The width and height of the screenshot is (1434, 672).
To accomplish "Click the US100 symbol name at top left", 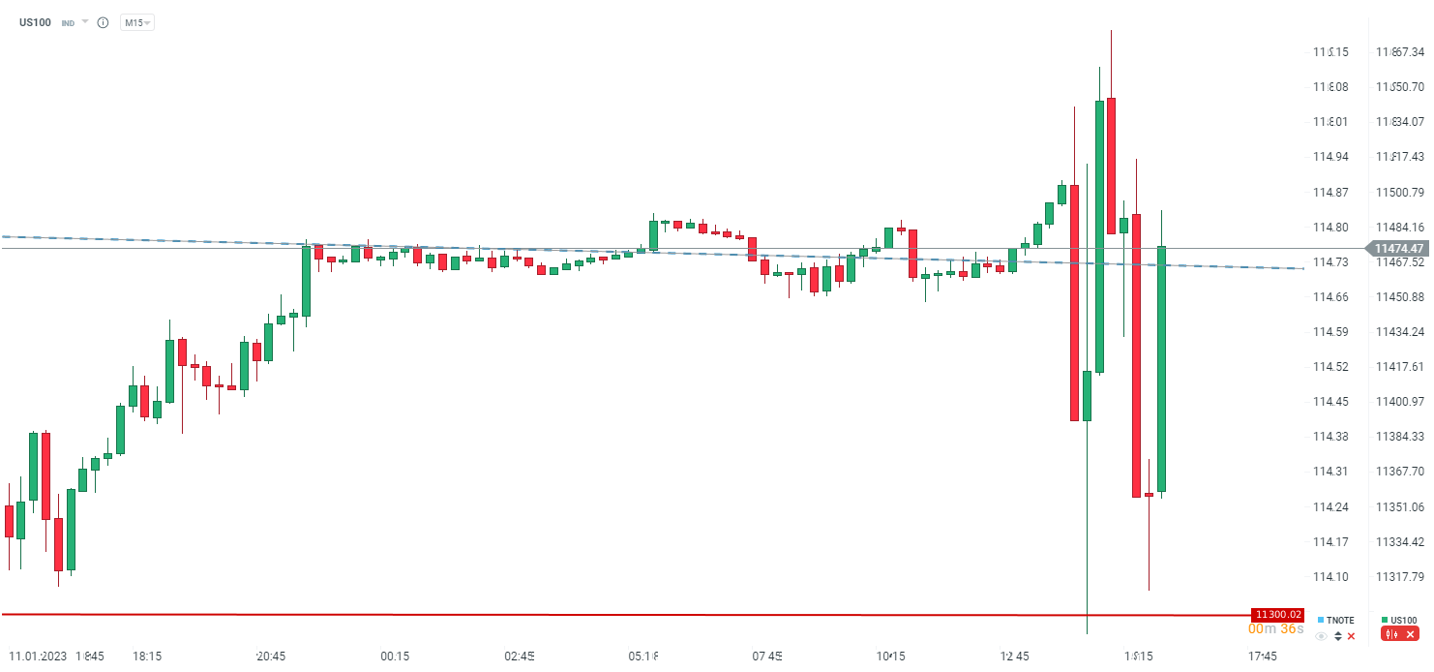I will (35, 21).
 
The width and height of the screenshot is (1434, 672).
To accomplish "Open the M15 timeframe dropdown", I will (136, 22).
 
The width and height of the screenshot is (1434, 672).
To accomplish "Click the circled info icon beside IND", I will (103, 22).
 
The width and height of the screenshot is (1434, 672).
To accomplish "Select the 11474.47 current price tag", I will (1397, 249).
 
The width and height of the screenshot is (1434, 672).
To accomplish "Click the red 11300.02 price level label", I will (1278, 614).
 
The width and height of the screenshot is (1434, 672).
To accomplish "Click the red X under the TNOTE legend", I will (1352, 636).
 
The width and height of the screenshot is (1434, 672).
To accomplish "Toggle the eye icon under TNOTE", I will (1321, 636).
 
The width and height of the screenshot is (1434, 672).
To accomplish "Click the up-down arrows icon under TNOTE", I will (1337, 636).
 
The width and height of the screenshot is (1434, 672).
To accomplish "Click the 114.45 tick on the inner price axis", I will (1330, 402).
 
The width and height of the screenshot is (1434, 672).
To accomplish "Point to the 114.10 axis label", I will (1330, 577).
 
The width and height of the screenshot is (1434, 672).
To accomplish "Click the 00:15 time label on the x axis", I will (395, 657).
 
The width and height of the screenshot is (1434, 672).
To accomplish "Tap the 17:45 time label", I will (1263, 657).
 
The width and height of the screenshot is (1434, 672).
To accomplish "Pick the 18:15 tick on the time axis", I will (147, 657).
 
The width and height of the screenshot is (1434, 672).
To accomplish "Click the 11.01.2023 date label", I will (36, 657).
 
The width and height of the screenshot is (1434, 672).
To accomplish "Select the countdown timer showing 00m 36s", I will (1275, 629).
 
